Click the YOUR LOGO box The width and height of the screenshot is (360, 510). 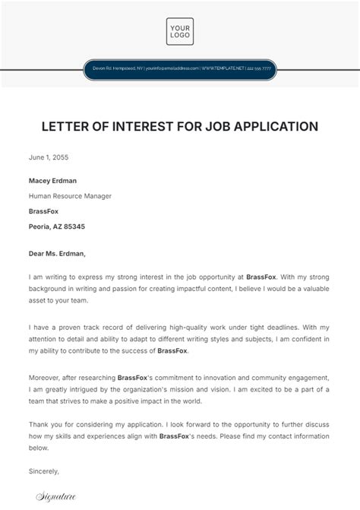tap(180, 31)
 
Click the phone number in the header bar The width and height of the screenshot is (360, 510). tap(257, 69)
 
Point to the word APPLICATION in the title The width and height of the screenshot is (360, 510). tap(274, 126)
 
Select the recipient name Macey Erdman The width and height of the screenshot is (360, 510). tap(52, 181)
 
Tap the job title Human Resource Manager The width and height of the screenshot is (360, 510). tap(70, 196)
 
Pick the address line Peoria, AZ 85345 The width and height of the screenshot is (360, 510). tap(57, 226)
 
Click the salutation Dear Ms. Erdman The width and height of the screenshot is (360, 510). tap(58, 254)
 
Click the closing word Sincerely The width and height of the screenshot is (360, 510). tap(43, 471)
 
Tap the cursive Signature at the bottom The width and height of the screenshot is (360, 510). tap(56, 497)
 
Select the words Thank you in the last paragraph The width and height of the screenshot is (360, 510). tap(46, 424)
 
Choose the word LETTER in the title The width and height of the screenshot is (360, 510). tap(64, 126)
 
